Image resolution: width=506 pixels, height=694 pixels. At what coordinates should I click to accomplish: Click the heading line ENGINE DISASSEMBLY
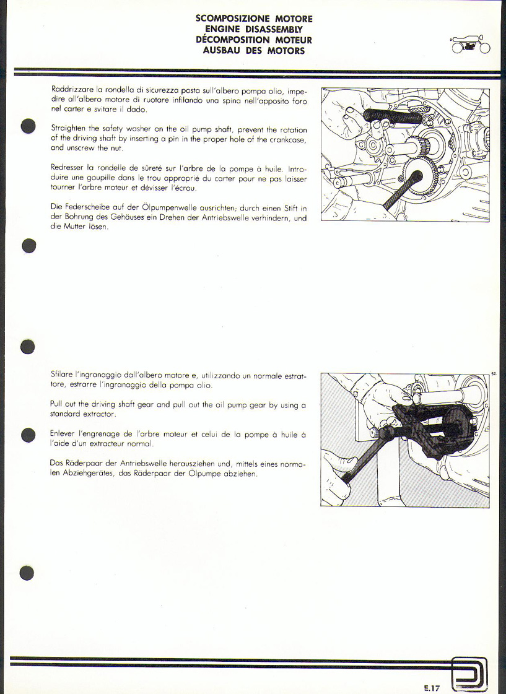(x=254, y=29)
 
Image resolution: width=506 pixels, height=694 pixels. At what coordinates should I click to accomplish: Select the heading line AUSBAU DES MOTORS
(x=254, y=51)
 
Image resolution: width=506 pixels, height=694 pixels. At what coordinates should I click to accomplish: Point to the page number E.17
(x=430, y=688)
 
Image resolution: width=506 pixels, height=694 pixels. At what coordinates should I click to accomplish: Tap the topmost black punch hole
(x=28, y=125)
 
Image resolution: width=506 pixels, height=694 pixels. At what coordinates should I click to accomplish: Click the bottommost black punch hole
(x=27, y=573)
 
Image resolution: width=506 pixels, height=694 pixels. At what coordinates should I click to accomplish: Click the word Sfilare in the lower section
(x=61, y=375)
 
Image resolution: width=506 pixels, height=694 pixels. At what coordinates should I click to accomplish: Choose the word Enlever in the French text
(x=61, y=434)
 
